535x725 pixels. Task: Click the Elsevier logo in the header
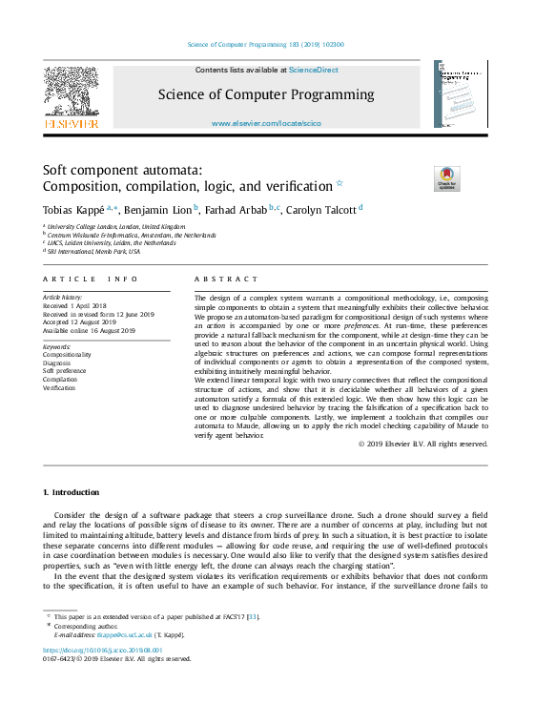coord(71,96)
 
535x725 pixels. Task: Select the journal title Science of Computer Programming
coord(266,94)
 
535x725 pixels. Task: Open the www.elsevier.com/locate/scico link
coord(266,124)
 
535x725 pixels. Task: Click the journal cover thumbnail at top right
coord(461,93)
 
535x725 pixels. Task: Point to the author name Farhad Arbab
coord(235,208)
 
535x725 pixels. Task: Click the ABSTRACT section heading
coord(226,280)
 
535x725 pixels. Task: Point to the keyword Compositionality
coord(68,354)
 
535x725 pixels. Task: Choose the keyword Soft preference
coord(64,371)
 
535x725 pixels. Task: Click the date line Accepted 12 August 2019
coord(85,321)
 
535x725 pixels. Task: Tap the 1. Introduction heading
coord(72,492)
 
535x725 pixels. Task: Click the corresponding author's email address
coord(127,634)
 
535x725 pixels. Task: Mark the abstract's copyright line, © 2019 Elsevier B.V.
coord(422,444)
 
